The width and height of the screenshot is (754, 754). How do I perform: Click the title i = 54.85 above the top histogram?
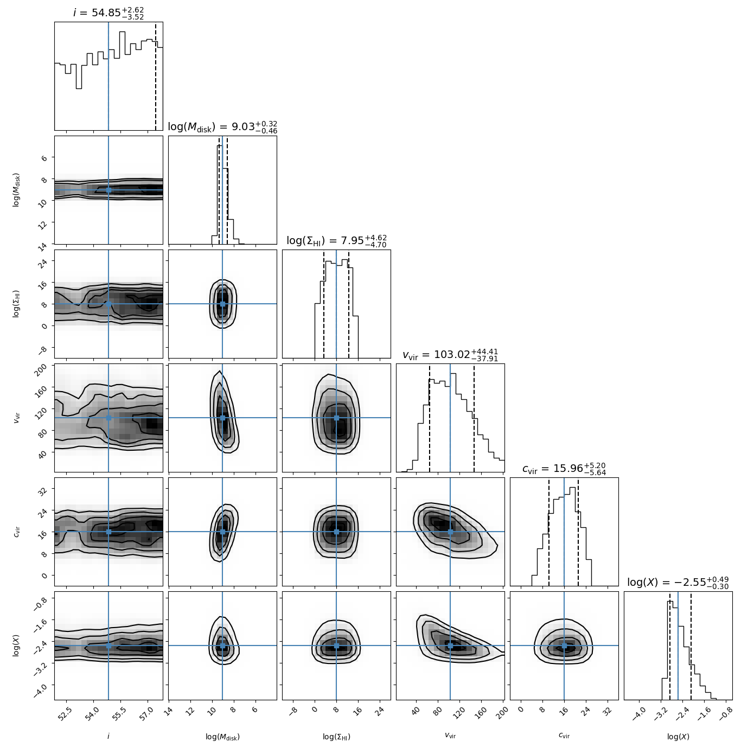(x=108, y=12)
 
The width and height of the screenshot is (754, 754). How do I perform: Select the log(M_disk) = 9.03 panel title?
(x=222, y=127)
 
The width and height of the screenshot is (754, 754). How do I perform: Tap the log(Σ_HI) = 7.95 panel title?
(x=336, y=241)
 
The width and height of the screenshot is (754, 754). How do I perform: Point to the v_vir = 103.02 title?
(x=450, y=355)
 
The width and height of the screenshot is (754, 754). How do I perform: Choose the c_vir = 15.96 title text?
(x=564, y=469)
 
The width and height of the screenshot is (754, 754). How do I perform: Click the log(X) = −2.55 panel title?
(x=678, y=583)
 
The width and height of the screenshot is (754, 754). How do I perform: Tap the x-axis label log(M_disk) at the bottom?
(x=222, y=737)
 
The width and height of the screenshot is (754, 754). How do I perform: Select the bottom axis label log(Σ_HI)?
(x=336, y=737)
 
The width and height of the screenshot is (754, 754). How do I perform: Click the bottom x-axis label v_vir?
(x=450, y=736)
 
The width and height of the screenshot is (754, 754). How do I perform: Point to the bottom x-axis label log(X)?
(x=678, y=737)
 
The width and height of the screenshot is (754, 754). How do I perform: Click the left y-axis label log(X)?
(x=16, y=646)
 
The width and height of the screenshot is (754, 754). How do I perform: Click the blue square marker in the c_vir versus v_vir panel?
(x=450, y=532)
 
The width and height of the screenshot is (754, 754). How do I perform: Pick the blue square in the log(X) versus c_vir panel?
(x=564, y=646)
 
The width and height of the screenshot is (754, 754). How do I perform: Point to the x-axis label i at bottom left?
(x=108, y=736)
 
